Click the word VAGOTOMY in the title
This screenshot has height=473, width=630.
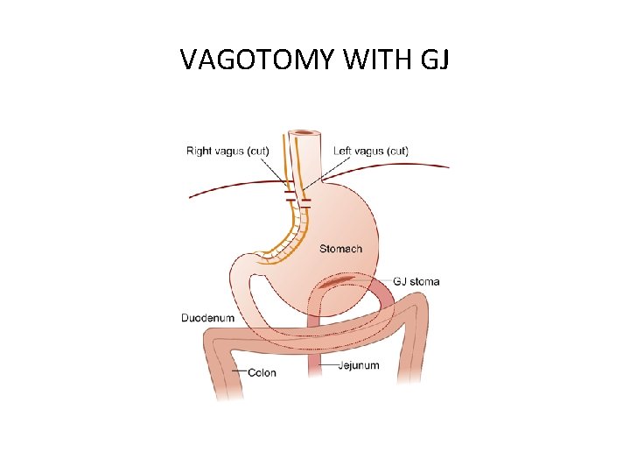(259, 60)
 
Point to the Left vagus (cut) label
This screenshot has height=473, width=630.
(371, 151)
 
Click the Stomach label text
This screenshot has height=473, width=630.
(340, 249)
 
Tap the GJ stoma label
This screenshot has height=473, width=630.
(416, 281)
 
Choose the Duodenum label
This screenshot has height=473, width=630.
(207, 318)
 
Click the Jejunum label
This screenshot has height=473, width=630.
(359, 364)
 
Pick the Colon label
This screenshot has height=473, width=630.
(262, 372)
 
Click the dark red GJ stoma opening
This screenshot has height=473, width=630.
(338, 282)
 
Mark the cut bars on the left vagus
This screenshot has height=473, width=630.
(305, 203)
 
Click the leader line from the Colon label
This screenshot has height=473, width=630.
(239, 372)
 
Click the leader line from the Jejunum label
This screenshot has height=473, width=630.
(325, 364)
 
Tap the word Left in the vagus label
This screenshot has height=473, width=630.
(344, 151)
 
